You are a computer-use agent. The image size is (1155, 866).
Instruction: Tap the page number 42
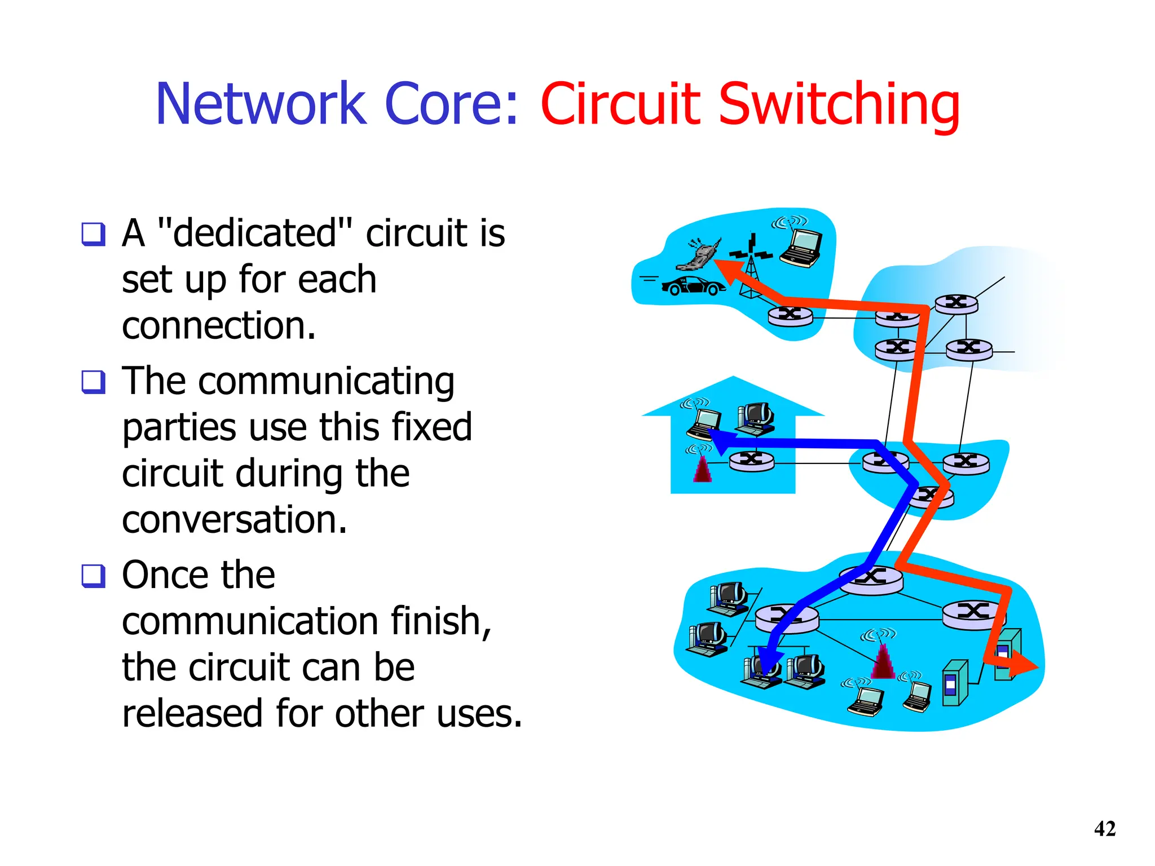[1105, 829]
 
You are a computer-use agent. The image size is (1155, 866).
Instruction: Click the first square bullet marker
[93, 234]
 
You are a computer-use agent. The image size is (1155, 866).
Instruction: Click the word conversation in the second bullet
[234, 519]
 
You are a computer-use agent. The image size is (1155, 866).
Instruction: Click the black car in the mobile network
[693, 286]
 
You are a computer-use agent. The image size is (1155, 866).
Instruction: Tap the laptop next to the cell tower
[801, 248]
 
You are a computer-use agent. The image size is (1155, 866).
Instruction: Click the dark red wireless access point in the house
[702, 468]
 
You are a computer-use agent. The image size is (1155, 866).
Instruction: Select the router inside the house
[751, 461]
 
